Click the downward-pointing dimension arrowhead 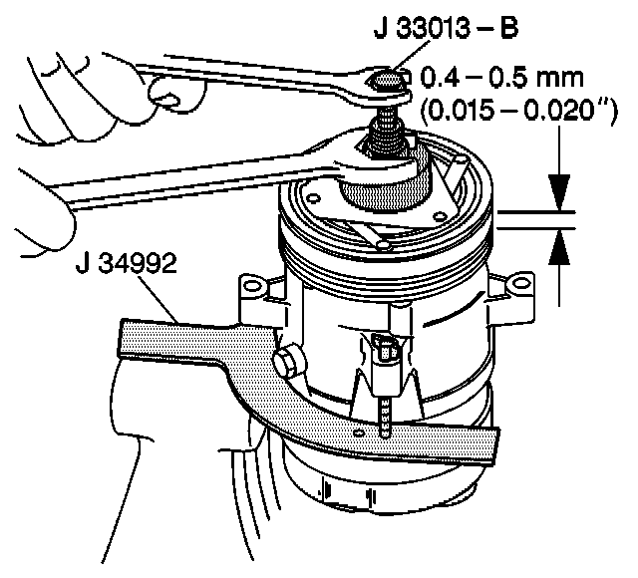tap(561, 193)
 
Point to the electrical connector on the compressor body tap(387, 354)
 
